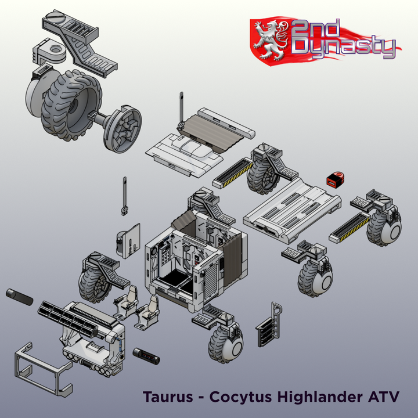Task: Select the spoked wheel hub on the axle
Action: click(122, 128)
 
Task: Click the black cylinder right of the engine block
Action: click(146, 355)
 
